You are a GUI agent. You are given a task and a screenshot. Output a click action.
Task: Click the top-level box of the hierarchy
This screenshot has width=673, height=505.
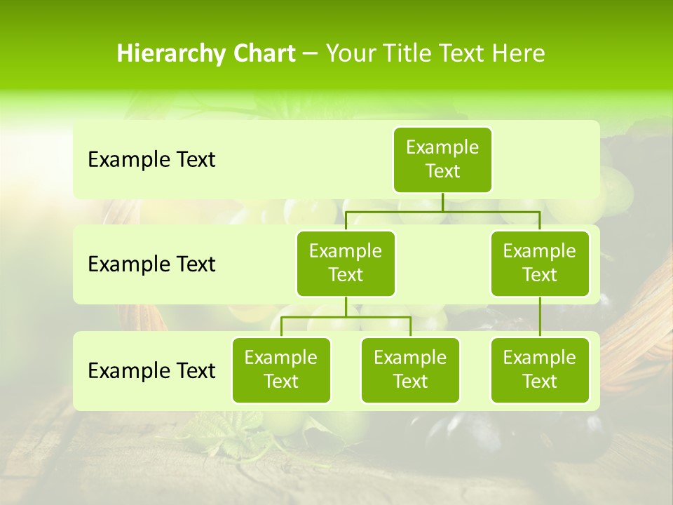click(x=442, y=159)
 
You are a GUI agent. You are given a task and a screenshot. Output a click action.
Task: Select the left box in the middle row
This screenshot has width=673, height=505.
click(x=346, y=263)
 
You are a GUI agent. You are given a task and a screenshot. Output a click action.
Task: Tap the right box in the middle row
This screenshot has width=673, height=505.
click(x=540, y=263)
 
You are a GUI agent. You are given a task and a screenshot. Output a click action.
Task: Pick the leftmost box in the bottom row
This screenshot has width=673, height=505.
click(x=281, y=370)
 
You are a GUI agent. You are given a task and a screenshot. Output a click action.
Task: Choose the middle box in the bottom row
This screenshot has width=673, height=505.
click(x=410, y=370)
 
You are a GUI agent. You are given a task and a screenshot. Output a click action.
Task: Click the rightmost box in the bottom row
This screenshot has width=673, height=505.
click(x=540, y=370)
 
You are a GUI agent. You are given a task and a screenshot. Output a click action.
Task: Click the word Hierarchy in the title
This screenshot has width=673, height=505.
click(x=168, y=54)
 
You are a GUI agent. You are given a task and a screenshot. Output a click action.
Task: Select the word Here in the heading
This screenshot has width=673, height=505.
click(x=519, y=54)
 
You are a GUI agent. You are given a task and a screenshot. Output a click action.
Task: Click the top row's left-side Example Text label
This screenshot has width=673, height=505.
click(x=151, y=160)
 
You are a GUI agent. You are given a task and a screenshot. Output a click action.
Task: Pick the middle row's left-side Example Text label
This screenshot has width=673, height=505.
click(x=151, y=264)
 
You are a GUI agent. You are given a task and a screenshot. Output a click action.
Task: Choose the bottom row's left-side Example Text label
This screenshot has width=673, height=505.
click(x=151, y=370)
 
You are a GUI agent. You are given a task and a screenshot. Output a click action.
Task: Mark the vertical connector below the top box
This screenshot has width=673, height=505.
click(x=442, y=202)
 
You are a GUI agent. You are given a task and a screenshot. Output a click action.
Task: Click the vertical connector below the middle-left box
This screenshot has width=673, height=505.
click(x=346, y=307)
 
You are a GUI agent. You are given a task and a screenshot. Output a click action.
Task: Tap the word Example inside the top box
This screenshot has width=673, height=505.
click(x=442, y=147)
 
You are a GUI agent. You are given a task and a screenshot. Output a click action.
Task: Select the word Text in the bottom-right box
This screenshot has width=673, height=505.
click(x=540, y=382)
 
